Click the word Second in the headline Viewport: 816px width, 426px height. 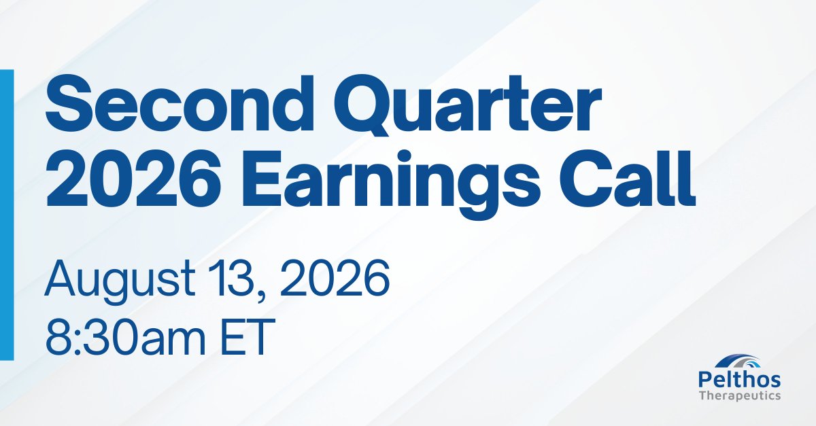pos(180,103)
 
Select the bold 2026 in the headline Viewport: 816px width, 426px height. pos(133,179)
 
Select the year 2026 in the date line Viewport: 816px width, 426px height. pos(335,278)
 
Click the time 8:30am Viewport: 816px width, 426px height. pos(125,336)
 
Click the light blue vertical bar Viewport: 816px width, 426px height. pos(7,215)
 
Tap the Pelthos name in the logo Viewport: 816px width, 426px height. pos(740,380)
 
